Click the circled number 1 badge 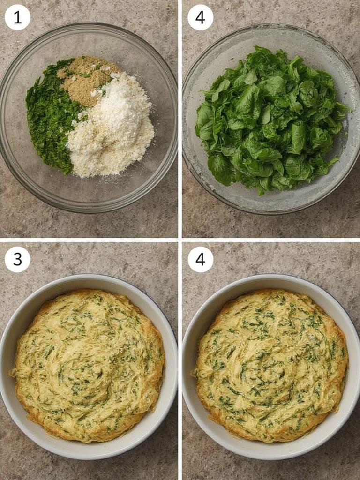click(17, 17)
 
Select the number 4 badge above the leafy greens click(200, 17)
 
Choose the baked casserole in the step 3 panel click(89, 366)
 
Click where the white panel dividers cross click(180, 240)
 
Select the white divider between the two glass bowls click(180, 117)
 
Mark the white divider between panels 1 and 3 click(89, 240)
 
